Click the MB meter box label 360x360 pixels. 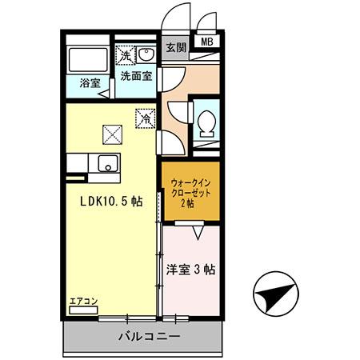(206, 43)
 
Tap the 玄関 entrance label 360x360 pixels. (176, 47)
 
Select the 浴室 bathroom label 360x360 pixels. (89, 83)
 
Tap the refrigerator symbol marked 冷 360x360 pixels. (146, 117)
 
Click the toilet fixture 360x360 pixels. (206, 122)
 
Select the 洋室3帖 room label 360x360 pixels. (190, 270)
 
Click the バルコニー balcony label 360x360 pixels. (151, 337)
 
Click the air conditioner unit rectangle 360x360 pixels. (83, 310)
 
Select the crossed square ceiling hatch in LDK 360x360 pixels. (110, 133)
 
